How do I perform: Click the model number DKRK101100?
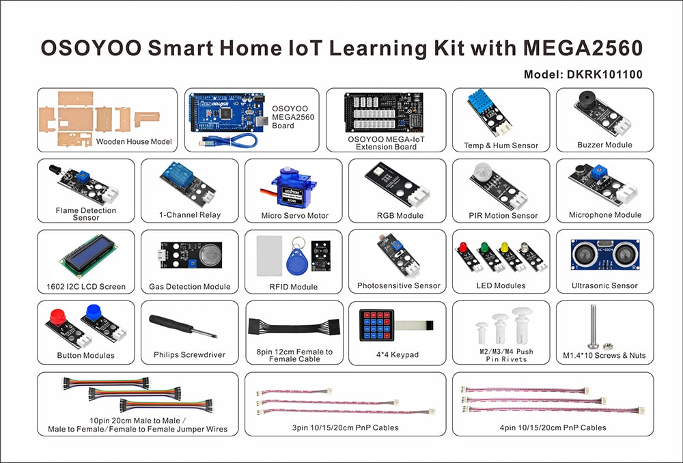[x=604, y=74]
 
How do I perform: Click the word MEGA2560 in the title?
[x=583, y=48]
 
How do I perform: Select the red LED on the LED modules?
[x=463, y=247]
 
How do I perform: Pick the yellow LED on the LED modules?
[x=505, y=247]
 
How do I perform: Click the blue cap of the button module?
[x=94, y=312]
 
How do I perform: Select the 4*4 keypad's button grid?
[x=377, y=325]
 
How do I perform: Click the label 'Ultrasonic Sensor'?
[x=604, y=285]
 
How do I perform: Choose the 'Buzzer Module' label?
[x=604, y=145]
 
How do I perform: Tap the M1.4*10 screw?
[x=594, y=326]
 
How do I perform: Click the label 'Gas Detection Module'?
[x=189, y=287]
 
